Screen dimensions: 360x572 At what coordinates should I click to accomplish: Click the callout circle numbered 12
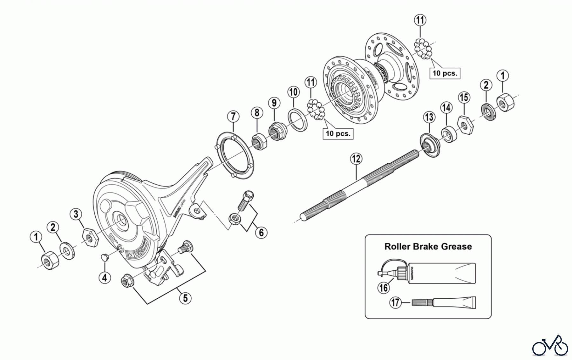tap(356, 159)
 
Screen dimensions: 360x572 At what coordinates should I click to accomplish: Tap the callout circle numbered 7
tap(233, 117)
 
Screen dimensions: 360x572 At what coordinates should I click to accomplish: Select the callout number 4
tap(105, 278)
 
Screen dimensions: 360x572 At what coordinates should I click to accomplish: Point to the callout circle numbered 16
tap(384, 288)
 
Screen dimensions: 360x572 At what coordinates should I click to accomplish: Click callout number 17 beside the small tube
tap(396, 302)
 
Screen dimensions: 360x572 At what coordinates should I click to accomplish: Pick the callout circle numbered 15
tap(464, 97)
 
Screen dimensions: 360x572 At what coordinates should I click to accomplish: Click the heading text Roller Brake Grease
tap(428, 247)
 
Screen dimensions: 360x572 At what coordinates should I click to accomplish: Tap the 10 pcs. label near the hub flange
tap(445, 73)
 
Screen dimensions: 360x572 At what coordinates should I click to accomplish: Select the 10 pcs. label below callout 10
tap(338, 133)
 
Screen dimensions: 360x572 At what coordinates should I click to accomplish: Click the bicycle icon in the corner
tap(550, 346)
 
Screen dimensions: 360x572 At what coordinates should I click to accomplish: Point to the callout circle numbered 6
tap(261, 233)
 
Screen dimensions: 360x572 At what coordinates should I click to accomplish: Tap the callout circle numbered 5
tap(185, 298)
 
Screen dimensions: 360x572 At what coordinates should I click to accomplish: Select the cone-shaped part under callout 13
tap(430, 145)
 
